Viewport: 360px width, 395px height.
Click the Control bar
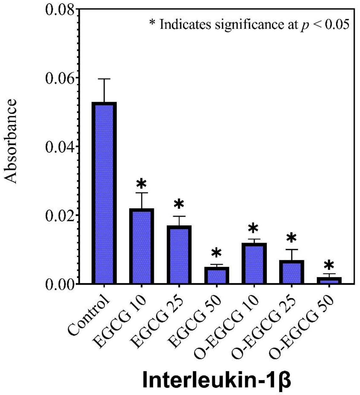tap(104, 193)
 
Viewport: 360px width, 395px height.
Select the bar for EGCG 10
tap(141, 246)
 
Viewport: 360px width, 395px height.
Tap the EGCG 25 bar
tap(179, 255)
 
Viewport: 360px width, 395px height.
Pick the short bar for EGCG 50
tap(216, 276)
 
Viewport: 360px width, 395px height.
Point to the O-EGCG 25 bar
tap(291, 272)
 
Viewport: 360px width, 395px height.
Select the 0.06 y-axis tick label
tap(60, 78)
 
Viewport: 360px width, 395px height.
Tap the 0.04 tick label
tap(60, 147)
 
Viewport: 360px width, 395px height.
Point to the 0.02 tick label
tap(60, 215)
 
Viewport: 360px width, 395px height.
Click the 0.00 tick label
tap(60, 284)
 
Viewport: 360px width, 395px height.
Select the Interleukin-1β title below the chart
tap(217, 380)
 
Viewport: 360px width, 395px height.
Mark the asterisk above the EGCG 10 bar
tap(141, 183)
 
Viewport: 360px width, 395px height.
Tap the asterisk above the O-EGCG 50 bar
tap(329, 265)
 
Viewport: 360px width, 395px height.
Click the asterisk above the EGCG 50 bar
tap(216, 253)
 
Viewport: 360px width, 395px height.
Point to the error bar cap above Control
tap(104, 79)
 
